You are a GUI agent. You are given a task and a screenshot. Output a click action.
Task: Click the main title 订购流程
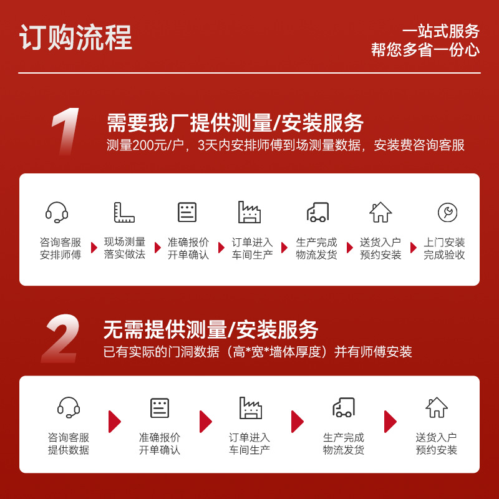pos(75,37)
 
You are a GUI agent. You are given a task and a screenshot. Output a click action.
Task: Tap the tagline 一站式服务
pos(441,31)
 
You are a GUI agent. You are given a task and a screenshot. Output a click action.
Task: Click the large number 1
pos(66,132)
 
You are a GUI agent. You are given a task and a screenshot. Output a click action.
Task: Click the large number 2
pos(61,338)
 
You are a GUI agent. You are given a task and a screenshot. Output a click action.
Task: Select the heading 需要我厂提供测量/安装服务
pos(235,123)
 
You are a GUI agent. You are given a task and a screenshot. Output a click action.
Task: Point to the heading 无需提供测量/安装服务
pos(211,330)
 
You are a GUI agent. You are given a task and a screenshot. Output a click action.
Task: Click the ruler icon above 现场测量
pos(124,212)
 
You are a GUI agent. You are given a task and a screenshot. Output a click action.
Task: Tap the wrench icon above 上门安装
pos(447,212)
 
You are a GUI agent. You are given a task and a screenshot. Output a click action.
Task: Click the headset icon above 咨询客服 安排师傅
pos(57,212)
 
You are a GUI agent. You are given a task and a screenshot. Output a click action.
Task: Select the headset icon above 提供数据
pos(69,407)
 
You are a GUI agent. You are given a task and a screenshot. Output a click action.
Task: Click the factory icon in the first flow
pos(249,212)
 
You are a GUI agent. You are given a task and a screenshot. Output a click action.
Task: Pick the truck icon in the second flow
pos(344,407)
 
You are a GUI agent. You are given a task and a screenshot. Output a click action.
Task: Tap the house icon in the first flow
pos(380,212)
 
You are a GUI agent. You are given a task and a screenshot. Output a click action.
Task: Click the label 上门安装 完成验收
pos(444,248)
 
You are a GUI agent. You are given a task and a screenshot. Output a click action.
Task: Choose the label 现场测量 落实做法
pos(125,248)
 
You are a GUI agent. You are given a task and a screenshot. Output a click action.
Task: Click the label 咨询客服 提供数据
pos(69,443)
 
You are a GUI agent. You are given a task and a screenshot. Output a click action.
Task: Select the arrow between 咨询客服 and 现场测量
pos(94,248)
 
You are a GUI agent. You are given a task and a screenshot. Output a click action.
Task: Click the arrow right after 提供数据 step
pos(115,422)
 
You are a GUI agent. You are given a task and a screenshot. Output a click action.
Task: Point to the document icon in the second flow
pos(160,408)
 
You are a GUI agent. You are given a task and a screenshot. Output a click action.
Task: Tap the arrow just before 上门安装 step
pos(414,248)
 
